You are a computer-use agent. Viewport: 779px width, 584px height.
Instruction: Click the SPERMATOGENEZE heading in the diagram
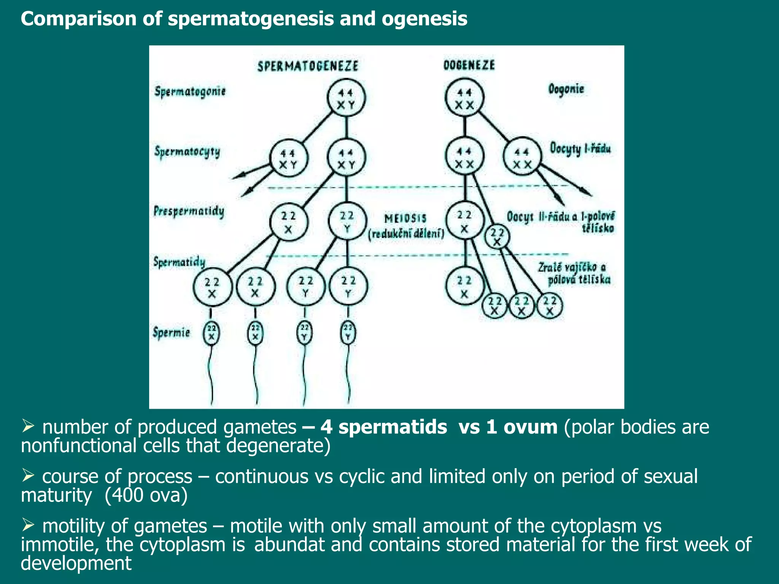[308, 66]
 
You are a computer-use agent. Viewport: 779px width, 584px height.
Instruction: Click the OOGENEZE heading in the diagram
[469, 65]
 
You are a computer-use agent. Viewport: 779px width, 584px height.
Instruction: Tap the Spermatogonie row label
[190, 92]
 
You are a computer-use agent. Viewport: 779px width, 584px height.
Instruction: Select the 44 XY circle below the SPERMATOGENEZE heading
[346, 98]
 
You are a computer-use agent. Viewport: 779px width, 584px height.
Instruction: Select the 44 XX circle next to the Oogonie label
[464, 98]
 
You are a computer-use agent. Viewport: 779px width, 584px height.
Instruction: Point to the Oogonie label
[566, 89]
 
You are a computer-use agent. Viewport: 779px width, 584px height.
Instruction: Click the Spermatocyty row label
[187, 152]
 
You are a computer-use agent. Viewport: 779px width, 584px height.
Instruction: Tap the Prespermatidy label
[189, 211]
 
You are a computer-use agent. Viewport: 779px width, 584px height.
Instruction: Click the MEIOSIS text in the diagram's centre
[405, 219]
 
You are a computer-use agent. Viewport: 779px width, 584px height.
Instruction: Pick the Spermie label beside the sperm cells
[171, 332]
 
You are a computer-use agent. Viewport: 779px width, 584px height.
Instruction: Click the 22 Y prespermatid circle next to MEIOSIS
[347, 222]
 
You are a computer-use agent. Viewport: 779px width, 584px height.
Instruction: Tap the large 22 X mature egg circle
[464, 286]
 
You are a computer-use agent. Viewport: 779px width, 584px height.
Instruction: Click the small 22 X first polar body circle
[497, 237]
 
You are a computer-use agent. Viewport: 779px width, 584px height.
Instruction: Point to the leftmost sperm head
[211, 333]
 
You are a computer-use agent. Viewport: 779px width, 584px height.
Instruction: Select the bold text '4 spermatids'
[383, 427]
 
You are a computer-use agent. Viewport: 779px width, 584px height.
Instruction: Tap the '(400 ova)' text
[146, 495]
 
